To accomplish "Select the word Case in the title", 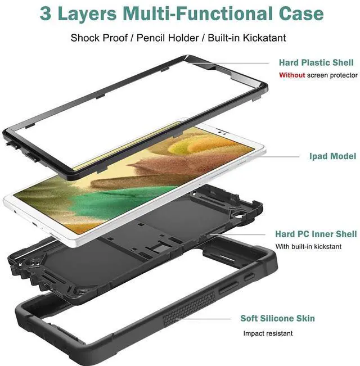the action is coord(302,13).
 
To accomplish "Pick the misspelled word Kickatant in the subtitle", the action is coord(261,38).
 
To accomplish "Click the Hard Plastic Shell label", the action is coord(316,63).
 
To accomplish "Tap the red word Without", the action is coord(292,75).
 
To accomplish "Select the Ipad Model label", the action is coord(332,156).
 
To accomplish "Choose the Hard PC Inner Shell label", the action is coord(316,234).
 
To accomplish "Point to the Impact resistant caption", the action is coord(268,333).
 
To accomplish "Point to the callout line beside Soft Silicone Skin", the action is coord(208,319).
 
